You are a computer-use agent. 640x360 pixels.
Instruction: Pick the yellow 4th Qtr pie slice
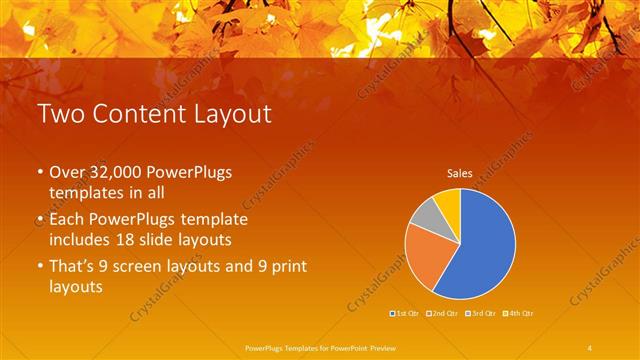(x=448, y=202)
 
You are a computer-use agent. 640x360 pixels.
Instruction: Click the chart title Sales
(x=459, y=173)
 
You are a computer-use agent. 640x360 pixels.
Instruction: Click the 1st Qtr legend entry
(x=405, y=314)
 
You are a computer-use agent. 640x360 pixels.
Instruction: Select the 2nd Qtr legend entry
(x=442, y=314)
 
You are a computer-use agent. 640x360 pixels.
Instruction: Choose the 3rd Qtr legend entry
(x=479, y=314)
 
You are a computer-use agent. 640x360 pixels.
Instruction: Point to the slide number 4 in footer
(x=590, y=347)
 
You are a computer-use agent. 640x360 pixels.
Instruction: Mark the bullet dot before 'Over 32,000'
(x=40, y=173)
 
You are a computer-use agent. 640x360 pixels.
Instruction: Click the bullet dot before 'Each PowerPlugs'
(x=40, y=219)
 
